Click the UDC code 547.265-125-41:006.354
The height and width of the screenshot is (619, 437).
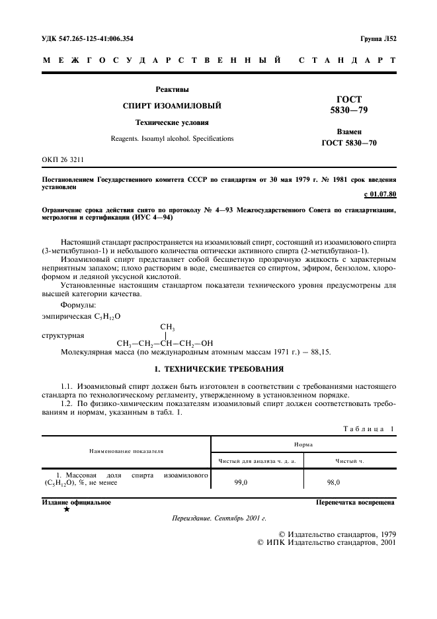coord(87,38)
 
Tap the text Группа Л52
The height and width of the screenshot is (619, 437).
coord(377,38)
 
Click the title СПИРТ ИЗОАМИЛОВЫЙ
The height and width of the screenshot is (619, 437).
coord(172,106)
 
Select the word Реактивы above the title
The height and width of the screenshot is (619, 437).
coord(172,89)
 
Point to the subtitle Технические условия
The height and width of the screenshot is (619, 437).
coord(172,122)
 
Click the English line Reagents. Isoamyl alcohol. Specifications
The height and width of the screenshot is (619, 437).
coord(172,139)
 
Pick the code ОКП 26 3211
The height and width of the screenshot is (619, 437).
coord(63,160)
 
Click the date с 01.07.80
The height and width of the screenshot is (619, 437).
coord(379,194)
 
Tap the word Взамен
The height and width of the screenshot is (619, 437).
coord(349,132)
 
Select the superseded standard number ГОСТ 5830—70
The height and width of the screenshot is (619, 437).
coord(349,143)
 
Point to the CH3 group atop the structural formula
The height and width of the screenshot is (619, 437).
coord(167,327)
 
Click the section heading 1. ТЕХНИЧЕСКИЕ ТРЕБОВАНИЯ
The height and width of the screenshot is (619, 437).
coord(218,368)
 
